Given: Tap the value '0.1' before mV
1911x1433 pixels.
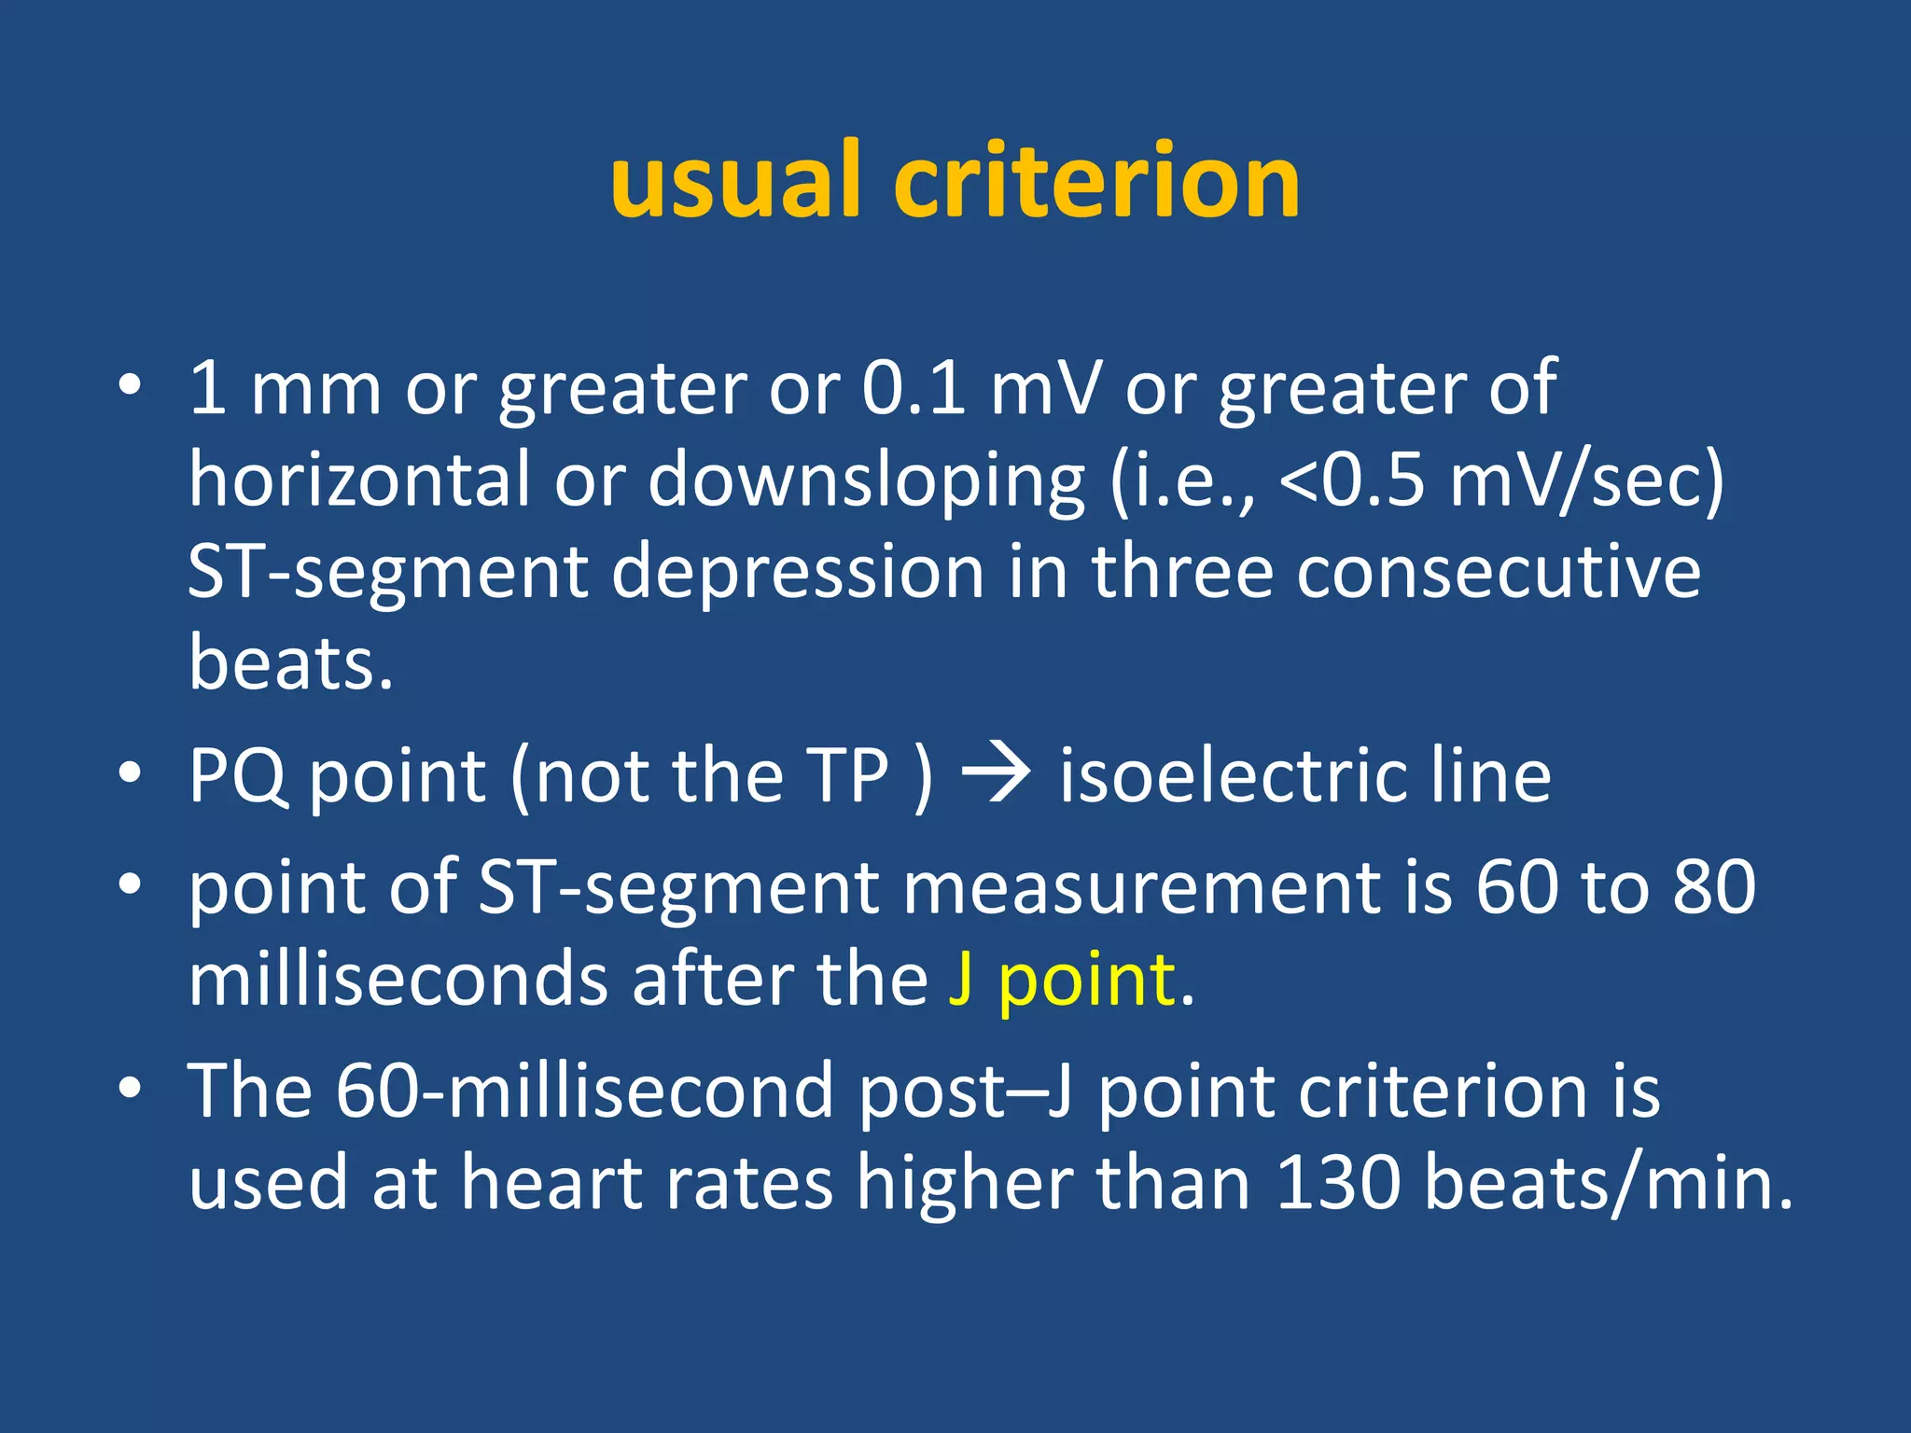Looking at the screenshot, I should click(x=914, y=388).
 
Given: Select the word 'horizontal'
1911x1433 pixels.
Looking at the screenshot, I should click(x=359, y=480).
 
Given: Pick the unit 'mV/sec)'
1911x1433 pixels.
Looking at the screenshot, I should click(x=1587, y=480).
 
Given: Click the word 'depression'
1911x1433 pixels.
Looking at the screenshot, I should click(x=798, y=573).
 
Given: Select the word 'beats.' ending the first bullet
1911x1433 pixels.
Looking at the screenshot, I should click(x=291, y=662).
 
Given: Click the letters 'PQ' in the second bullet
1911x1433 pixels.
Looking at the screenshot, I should click(x=237, y=776).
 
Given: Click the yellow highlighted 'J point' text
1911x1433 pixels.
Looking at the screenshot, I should click(x=1062, y=981).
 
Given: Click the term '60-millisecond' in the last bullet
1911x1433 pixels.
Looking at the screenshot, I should click(x=584, y=1091).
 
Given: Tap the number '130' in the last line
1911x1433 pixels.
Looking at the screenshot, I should click(x=1337, y=1183).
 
